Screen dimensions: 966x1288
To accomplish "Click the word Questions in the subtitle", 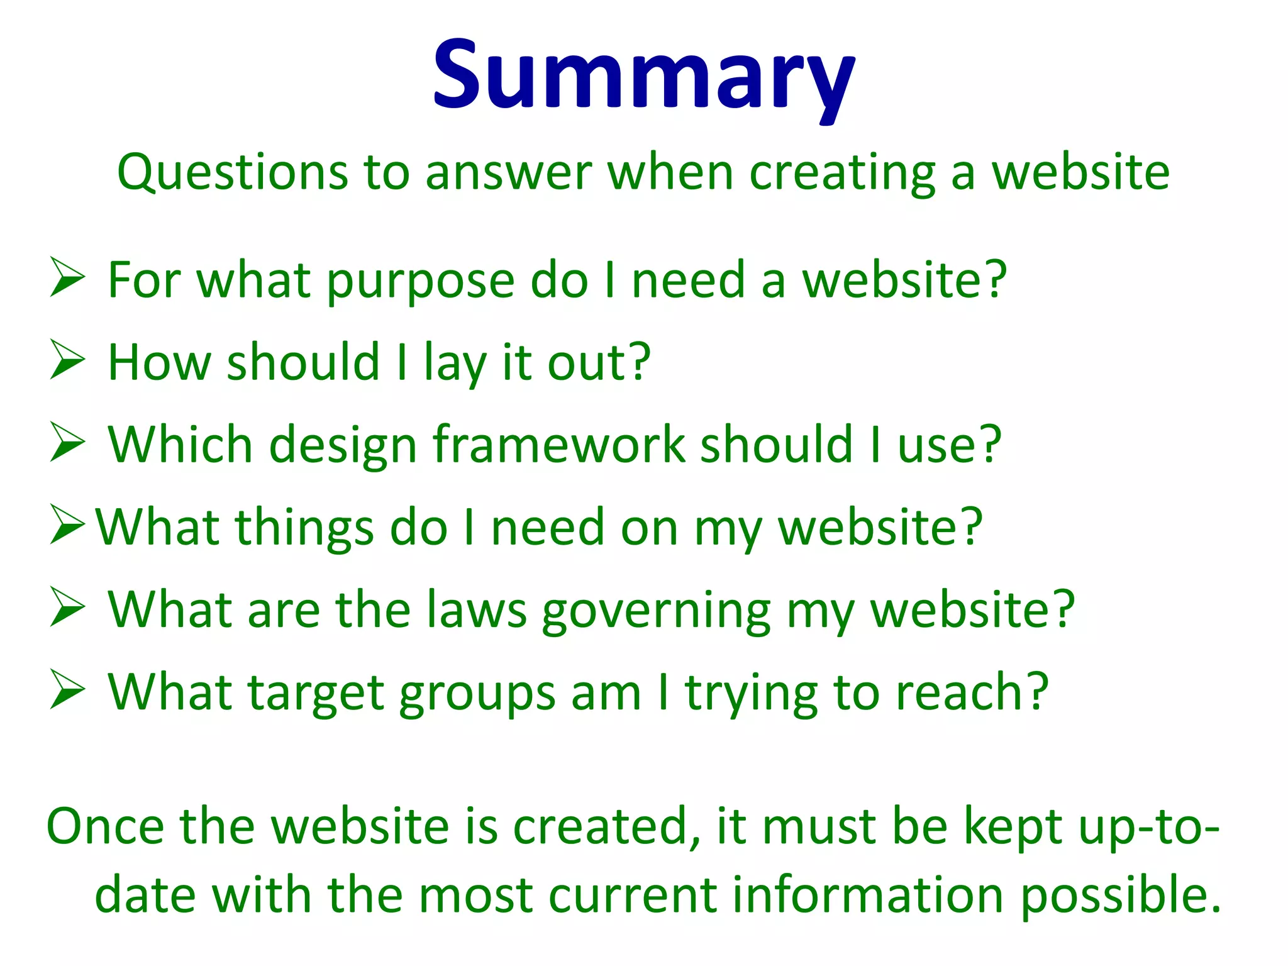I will click(x=232, y=172).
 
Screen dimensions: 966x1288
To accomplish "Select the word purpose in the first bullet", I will click(x=421, y=281).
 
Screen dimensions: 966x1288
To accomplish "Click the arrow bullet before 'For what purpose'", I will click(x=67, y=277).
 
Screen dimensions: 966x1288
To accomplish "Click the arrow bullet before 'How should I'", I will click(x=67, y=360).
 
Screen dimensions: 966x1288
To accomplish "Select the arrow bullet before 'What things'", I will click(x=67, y=525).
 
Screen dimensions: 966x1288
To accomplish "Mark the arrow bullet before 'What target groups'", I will click(x=67, y=690).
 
